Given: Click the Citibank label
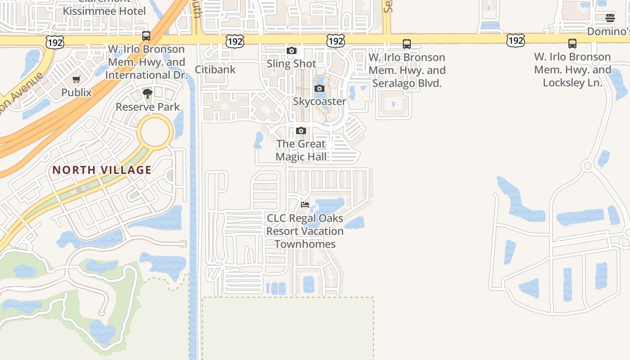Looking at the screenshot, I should point(215,69).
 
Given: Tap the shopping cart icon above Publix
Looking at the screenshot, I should point(76,79).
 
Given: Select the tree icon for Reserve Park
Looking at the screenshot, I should point(147,94).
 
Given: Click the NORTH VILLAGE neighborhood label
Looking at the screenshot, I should point(102,170).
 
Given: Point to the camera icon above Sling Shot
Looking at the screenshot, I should point(292,50).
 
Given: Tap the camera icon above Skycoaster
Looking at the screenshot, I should point(319,88).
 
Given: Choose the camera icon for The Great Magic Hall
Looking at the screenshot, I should point(301,131).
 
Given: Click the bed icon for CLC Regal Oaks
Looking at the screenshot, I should point(305,205).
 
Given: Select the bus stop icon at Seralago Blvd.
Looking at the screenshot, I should point(407,44).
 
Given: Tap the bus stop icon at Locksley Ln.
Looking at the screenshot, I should point(572,44).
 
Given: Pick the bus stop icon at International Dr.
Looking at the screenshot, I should point(146,36).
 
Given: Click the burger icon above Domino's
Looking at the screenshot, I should point(610,18).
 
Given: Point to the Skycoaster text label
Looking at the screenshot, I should point(319,101).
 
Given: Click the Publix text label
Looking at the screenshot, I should point(76,93).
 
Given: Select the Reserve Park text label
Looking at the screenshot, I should point(148,107).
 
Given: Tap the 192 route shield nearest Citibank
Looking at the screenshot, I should point(235,42).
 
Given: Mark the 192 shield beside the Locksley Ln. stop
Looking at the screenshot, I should point(515,41).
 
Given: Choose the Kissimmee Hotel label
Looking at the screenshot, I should point(104,11).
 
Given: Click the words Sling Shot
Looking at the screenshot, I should point(292,63).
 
